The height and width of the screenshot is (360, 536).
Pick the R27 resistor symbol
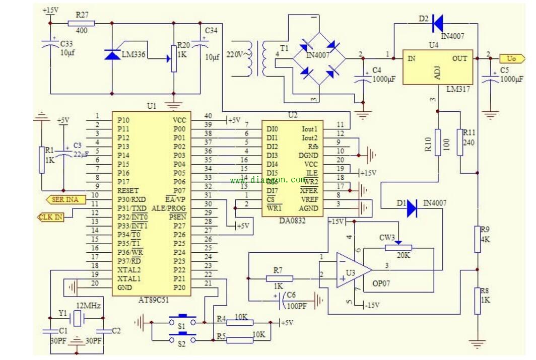point(81,23)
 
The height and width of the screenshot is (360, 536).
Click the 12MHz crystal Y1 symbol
point(76,318)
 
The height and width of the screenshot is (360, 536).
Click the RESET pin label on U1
point(128,191)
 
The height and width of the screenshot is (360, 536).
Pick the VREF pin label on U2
point(309,199)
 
